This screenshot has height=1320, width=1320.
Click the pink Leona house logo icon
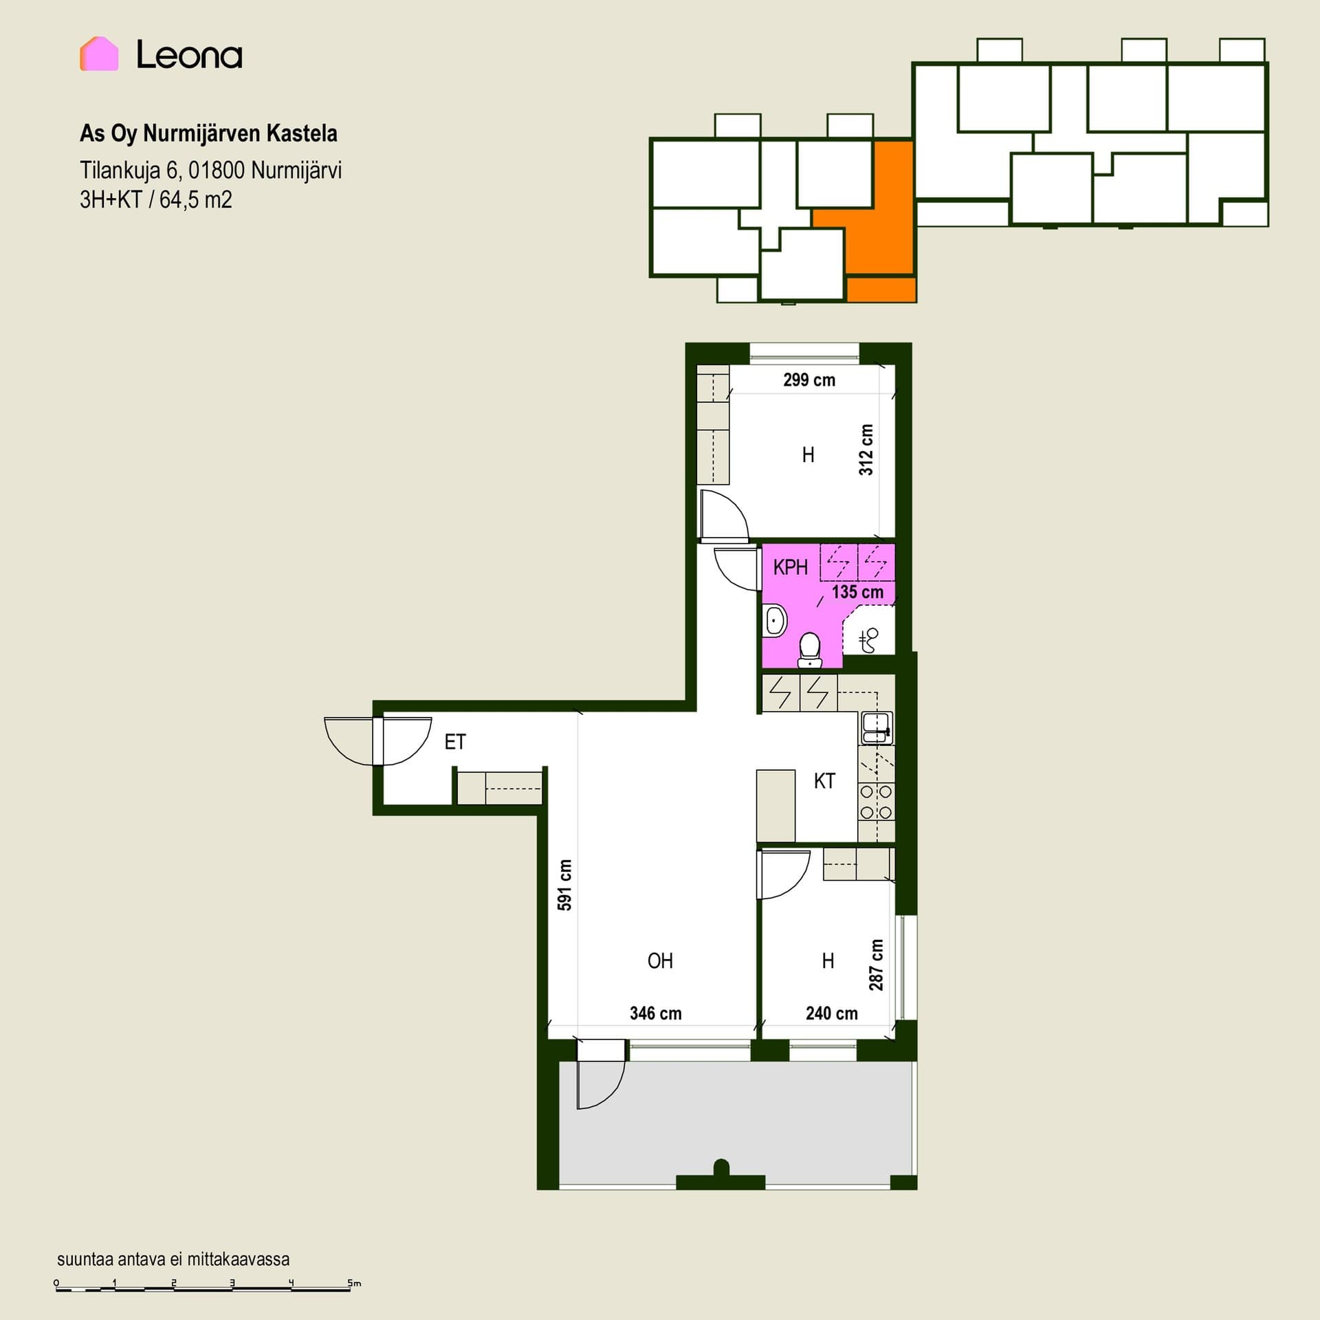click(99, 54)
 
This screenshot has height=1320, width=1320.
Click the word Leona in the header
click(189, 54)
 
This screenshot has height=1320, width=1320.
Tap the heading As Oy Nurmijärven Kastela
click(208, 133)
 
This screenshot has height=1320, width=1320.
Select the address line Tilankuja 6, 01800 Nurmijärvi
click(210, 170)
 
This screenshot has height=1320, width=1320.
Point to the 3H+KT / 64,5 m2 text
click(156, 200)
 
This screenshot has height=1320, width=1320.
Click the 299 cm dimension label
click(809, 380)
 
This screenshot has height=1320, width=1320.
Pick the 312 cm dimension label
click(866, 450)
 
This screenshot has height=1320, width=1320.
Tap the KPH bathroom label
click(791, 567)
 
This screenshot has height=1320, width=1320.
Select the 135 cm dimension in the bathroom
click(857, 592)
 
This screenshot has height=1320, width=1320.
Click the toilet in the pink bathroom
click(809, 650)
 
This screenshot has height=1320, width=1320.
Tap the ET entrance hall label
click(455, 742)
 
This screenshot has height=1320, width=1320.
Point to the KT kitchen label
click(824, 781)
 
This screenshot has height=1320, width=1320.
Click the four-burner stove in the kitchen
click(876, 802)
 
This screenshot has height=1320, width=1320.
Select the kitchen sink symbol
click(876, 728)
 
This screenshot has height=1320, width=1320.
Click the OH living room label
click(660, 960)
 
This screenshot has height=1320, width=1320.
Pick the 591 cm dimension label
click(565, 885)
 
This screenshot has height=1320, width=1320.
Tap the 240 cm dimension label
click(832, 1013)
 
